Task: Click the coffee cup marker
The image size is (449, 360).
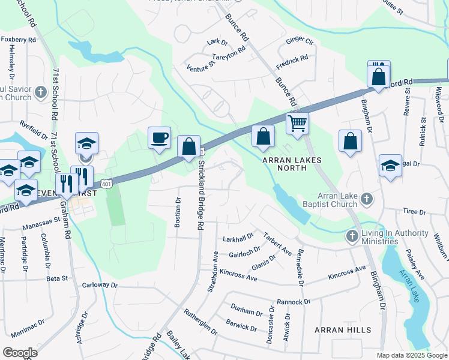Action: pyautogui.click(x=159, y=138)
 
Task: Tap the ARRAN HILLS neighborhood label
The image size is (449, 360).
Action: pyautogui.click(x=343, y=330)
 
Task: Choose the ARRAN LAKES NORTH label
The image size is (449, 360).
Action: pyautogui.click(x=292, y=164)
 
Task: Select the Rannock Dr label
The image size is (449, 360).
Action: pyautogui.click(x=294, y=302)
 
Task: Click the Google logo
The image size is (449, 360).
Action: pyautogui.click(x=20, y=353)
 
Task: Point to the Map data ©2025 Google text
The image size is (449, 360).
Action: pyautogui.click(x=411, y=355)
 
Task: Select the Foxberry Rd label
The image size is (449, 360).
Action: pyautogui.click(x=19, y=40)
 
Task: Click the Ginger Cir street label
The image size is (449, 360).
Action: pyautogui.click(x=300, y=41)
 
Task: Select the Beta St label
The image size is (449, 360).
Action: pyautogui.click(x=57, y=278)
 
